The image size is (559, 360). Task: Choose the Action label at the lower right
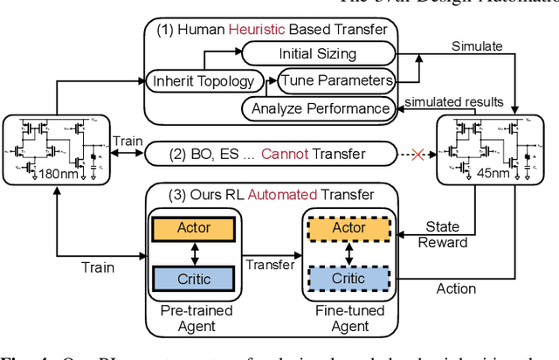pyautogui.click(x=456, y=288)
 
